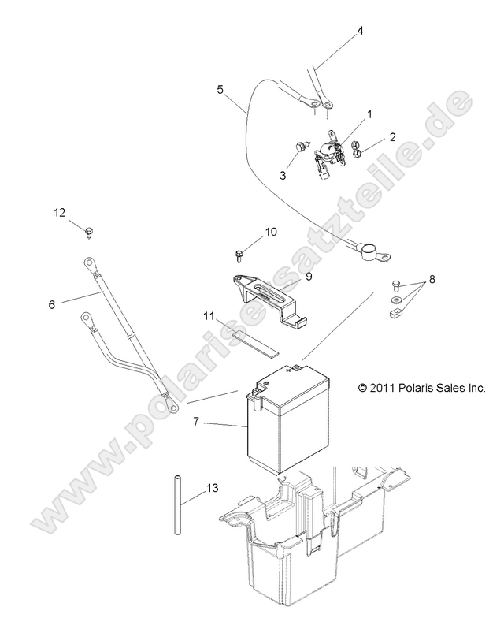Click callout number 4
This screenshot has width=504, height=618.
[360, 32]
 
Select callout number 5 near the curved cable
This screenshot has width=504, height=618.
[220, 90]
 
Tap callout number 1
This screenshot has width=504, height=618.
[369, 115]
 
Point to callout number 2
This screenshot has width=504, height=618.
[392, 138]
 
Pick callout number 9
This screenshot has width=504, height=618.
[309, 277]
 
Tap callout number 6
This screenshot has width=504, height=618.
[52, 303]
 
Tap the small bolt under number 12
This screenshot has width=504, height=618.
[90, 231]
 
